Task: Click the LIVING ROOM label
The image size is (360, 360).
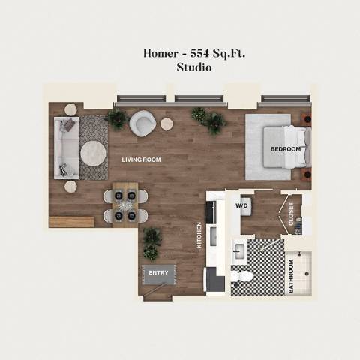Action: pyautogui.click(x=141, y=160)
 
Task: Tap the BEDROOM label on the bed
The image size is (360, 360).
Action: pyautogui.click(x=286, y=149)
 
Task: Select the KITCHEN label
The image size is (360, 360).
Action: pyautogui.click(x=200, y=235)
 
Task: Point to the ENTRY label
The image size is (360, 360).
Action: pyautogui.click(x=158, y=272)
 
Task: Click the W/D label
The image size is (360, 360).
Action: pyautogui.click(x=242, y=205)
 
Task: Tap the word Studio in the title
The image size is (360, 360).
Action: pyautogui.click(x=194, y=67)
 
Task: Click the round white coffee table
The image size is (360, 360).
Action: pyautogui.click(x=94, y=153)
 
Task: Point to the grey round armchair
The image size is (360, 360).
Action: pyautogui.click(x=142, y=122)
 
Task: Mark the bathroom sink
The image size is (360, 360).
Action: pyautogui.click(x=239, y=251)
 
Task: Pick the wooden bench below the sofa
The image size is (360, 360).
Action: pyautogui.click(x=72, y=221)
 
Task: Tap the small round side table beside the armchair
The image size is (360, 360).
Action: pyautogui.click(x=166, y=124)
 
